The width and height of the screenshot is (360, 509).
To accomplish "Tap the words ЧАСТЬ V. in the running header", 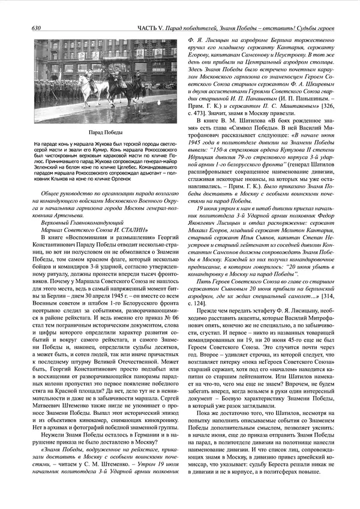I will coord(146,29).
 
